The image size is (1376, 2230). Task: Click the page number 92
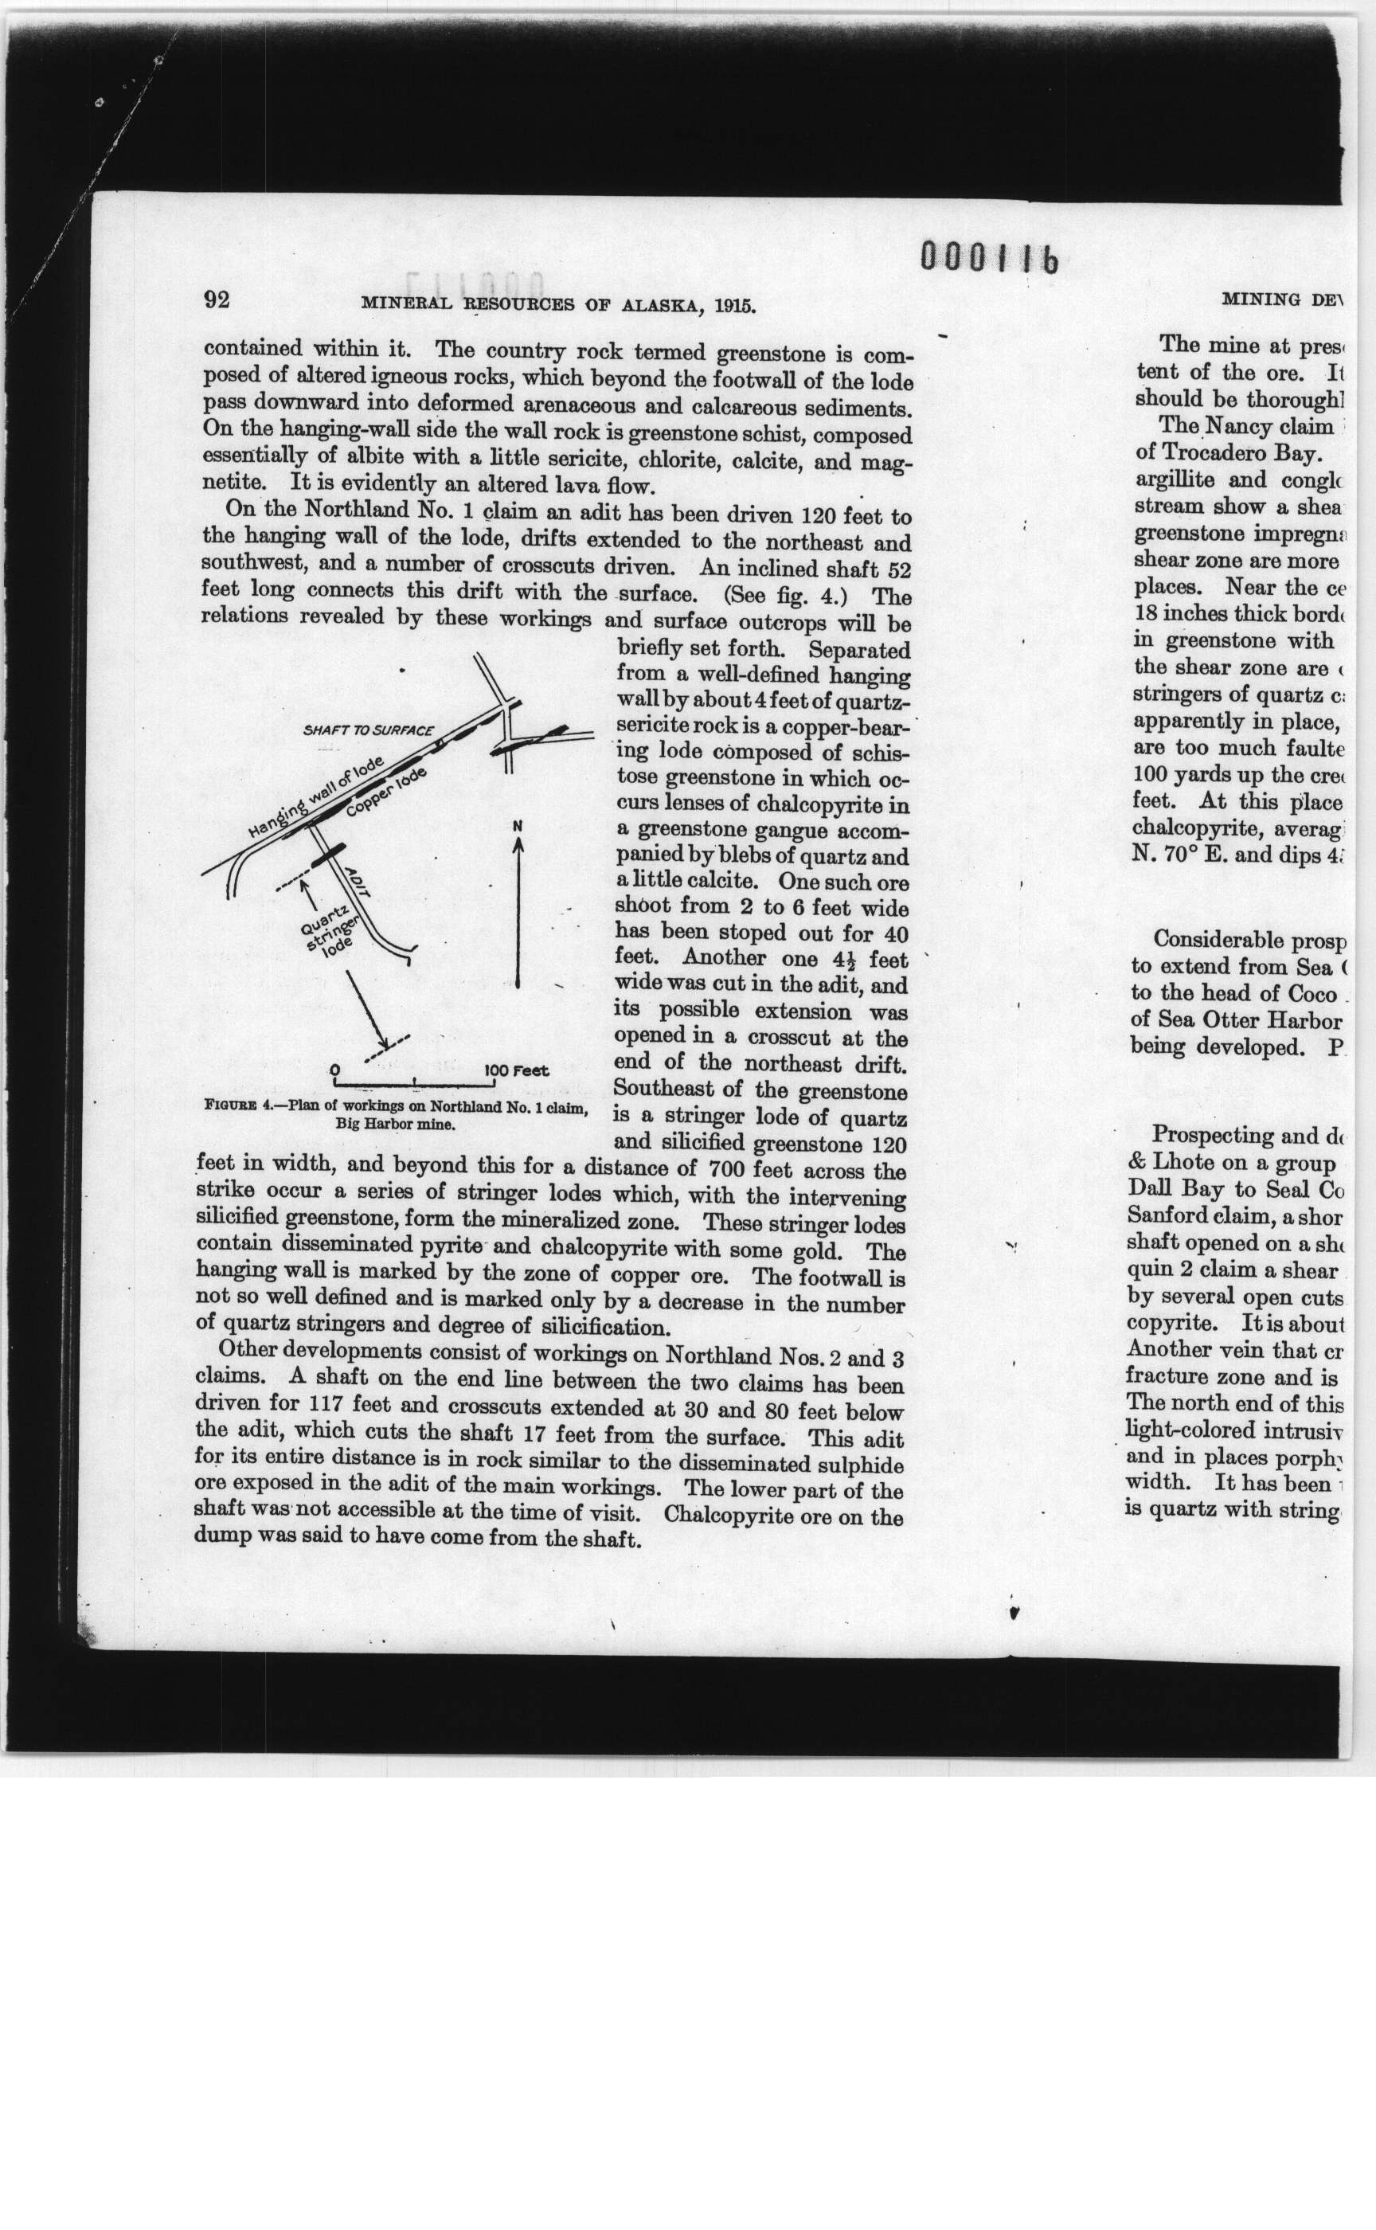point(217,299)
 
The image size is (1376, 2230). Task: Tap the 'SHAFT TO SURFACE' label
point(368,730)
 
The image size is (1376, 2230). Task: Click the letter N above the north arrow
point(518,826)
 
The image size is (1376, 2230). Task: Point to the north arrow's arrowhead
point(518,845)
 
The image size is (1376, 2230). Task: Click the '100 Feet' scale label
point(517,1070)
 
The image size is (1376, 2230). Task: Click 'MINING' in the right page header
point(1261,299)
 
